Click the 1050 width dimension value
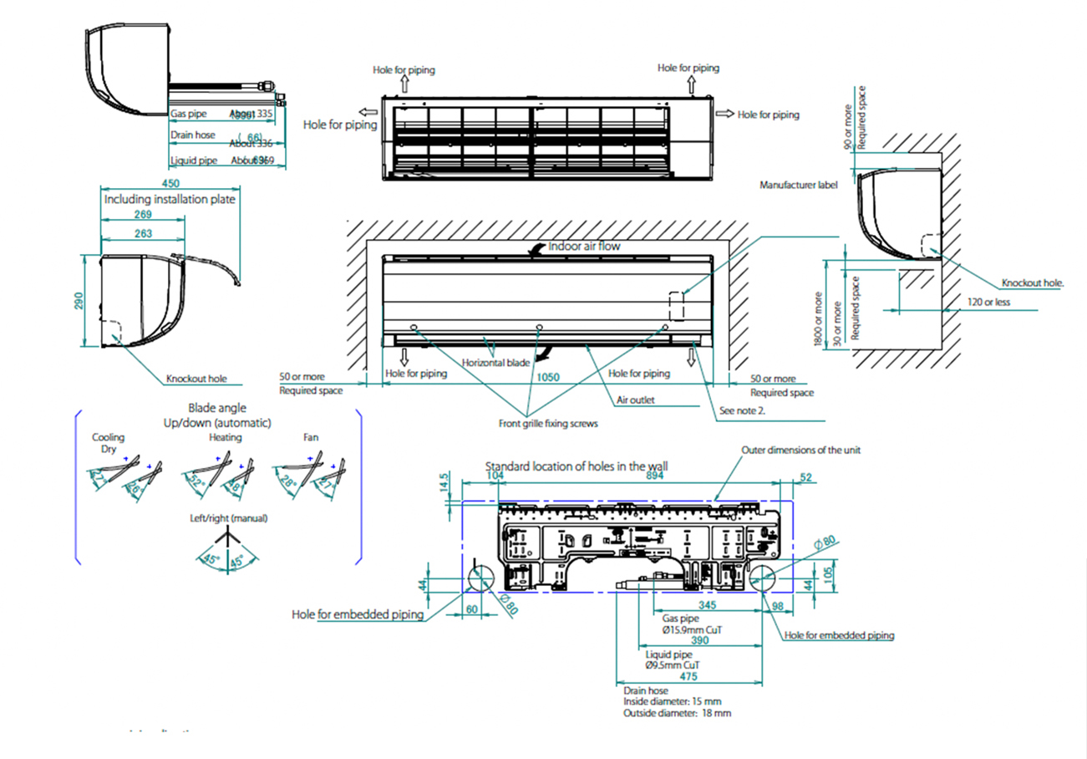pos(547,377)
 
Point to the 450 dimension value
pos(170,184)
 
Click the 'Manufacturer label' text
pos(798,185)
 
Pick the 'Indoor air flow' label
pos(584,247)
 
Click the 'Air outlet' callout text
pos(635,400)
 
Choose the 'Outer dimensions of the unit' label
pos(800,451)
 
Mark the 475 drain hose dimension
pos(688,675)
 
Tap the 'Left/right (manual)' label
pos(229,518)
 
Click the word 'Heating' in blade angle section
pos(226,437)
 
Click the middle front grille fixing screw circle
pos(539,326)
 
